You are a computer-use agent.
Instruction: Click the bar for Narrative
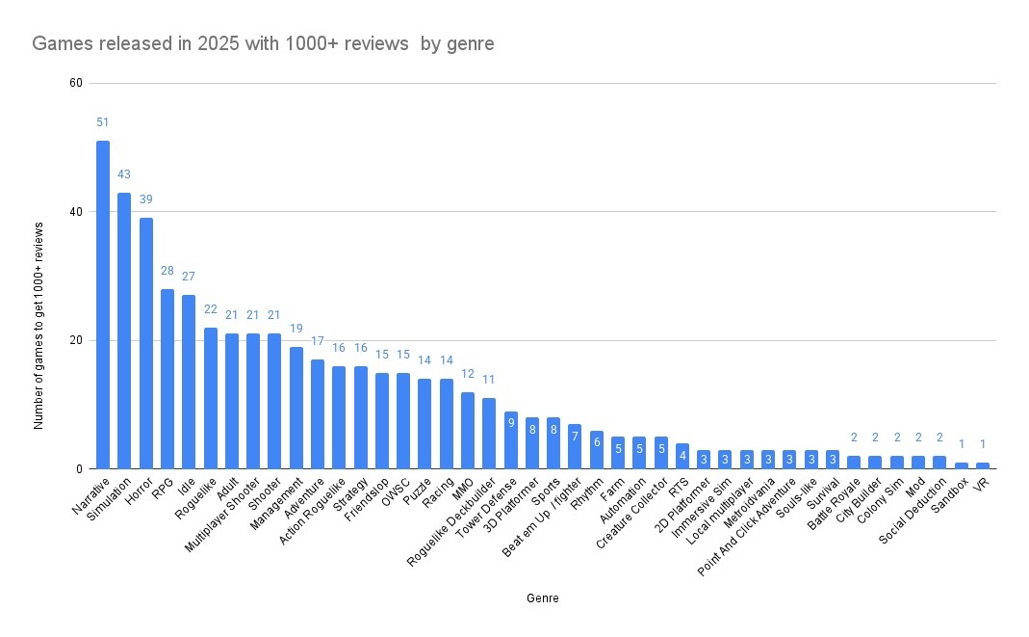pyautogui.click(x=103, y=305)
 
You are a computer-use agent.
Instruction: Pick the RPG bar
pyautogui.click(x=167, y=379)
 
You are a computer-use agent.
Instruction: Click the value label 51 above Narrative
pyautogui.click(x=103, y=122)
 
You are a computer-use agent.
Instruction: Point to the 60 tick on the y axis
pyautogui.click(x=75, y=83)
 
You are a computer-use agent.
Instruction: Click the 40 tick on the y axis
pyautogui.click(x=75, y=212)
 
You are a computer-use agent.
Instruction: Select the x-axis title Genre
pyautogui.click(x=543, y=598)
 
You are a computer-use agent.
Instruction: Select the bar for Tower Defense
pyautogui.click(x=511, y=440)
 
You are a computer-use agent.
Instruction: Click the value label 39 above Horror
pyautogui.click(x=146, y=199)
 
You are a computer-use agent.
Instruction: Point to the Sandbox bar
pyautogui.click(x=962, y=465)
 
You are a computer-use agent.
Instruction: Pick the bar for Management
pyautogui.click(x=296, y=408)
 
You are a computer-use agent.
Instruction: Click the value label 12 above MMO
pyautogui.click(x=468, y=374)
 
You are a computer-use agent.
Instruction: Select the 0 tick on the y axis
pyautogui.click(x=79, y=469)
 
